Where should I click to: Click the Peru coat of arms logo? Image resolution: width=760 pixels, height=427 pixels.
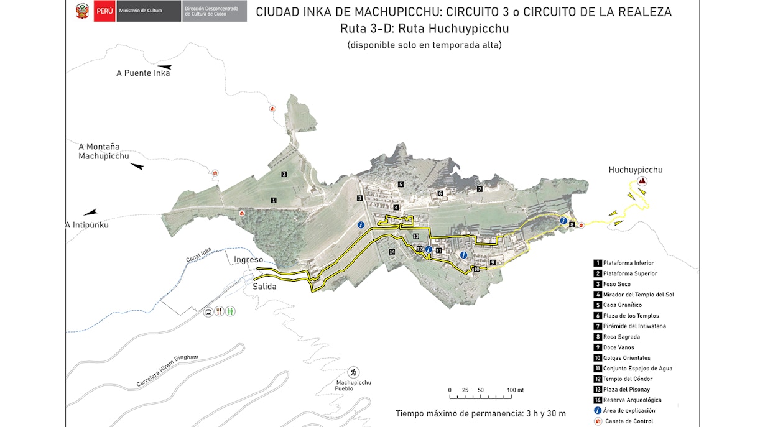[82, 12]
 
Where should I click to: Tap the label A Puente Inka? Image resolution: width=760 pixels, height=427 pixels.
[143, 73]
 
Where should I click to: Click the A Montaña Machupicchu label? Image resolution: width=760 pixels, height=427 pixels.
[103, 151]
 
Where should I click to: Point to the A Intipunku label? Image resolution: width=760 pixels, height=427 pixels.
[87, 225]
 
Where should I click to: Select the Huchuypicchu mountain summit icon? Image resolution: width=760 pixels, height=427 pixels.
[642, 181]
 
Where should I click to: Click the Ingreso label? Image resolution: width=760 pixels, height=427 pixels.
[249, 259]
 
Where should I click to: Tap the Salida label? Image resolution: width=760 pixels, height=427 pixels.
[264, 287]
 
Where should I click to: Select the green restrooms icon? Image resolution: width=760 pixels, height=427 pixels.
[230, 311]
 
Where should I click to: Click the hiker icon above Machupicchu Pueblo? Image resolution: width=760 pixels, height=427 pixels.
[353, 372]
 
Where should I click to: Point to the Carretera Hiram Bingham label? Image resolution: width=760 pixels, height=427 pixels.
[167, 371]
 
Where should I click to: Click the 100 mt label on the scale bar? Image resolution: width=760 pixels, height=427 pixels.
[516, 390]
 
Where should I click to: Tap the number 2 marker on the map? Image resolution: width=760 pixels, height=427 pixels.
[284, 174]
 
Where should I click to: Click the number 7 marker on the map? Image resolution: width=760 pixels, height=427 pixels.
[480, 189]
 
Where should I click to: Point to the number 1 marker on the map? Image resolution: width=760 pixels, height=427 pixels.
[273, 200]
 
